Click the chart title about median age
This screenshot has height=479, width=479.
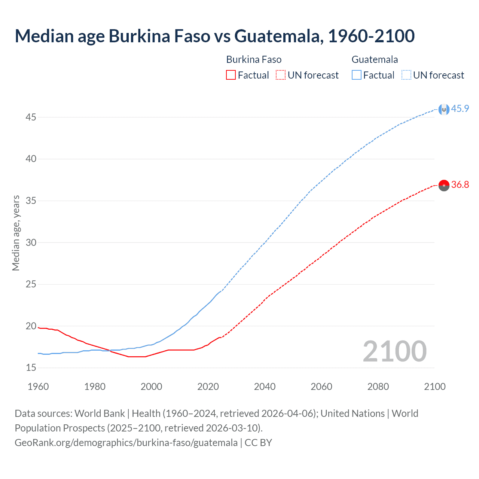point(214,36)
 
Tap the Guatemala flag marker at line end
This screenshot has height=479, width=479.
point(444,109)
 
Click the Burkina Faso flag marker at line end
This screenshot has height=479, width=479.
point(444,185)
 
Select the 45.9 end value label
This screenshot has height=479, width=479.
point(460,109)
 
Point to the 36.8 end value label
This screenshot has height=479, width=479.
point(460,185)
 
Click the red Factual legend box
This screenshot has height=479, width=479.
point(231,75)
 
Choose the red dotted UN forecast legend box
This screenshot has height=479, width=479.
point(281,75)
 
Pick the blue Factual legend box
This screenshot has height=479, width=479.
point(357,75)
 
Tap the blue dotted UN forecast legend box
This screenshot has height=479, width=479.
point(406,75)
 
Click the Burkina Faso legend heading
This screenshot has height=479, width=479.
point(254,60)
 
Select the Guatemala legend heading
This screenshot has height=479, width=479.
point(375,60)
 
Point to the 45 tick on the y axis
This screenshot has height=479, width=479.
point(31,118)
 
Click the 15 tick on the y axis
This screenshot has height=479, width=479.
point(31,368)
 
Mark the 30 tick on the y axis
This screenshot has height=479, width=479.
point(31,242)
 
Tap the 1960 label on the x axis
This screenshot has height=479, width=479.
point(38,387)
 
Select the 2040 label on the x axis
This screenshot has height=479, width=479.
point(265,387)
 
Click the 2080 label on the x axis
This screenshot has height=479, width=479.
point(378,387)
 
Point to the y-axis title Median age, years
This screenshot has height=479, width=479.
point(16,233)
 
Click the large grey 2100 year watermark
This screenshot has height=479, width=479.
point(394,351)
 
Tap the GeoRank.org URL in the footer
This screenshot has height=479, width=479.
point(126,443)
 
